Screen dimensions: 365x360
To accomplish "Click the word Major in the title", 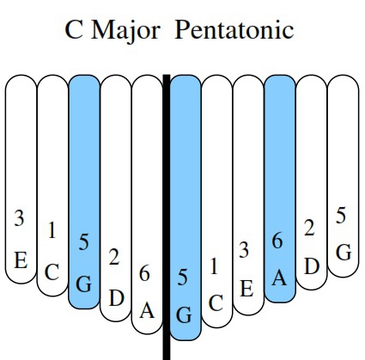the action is [125, 31].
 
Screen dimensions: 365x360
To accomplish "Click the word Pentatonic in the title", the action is [234, 29].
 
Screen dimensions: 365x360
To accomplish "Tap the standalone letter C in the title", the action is [74, 30].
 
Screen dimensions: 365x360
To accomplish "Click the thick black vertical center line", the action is [167, 217].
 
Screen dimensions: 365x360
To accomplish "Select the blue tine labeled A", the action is [280, 188].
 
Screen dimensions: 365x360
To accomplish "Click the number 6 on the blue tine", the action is [277, 241].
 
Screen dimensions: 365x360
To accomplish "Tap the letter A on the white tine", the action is [147, 311].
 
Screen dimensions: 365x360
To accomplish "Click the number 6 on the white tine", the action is [144, 273].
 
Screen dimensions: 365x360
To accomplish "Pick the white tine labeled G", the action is [343, 176].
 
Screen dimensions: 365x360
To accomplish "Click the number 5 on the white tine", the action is [341, 216].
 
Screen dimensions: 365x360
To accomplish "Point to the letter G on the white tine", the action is [344, 253].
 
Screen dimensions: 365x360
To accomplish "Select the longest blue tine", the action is [186, 207].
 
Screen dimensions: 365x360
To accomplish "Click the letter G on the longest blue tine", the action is [184, 315].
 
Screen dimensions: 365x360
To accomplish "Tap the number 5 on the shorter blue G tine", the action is [83, 241].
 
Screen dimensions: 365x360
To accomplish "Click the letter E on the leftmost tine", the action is [21, 260].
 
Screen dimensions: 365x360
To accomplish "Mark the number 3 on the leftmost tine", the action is [19, 218].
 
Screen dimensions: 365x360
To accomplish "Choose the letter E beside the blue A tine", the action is [246, 289].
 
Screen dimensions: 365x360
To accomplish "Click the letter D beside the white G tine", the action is [312, 266].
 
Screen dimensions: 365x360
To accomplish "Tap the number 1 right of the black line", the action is [214, 266].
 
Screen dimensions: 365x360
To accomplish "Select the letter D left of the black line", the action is [117, 298].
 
